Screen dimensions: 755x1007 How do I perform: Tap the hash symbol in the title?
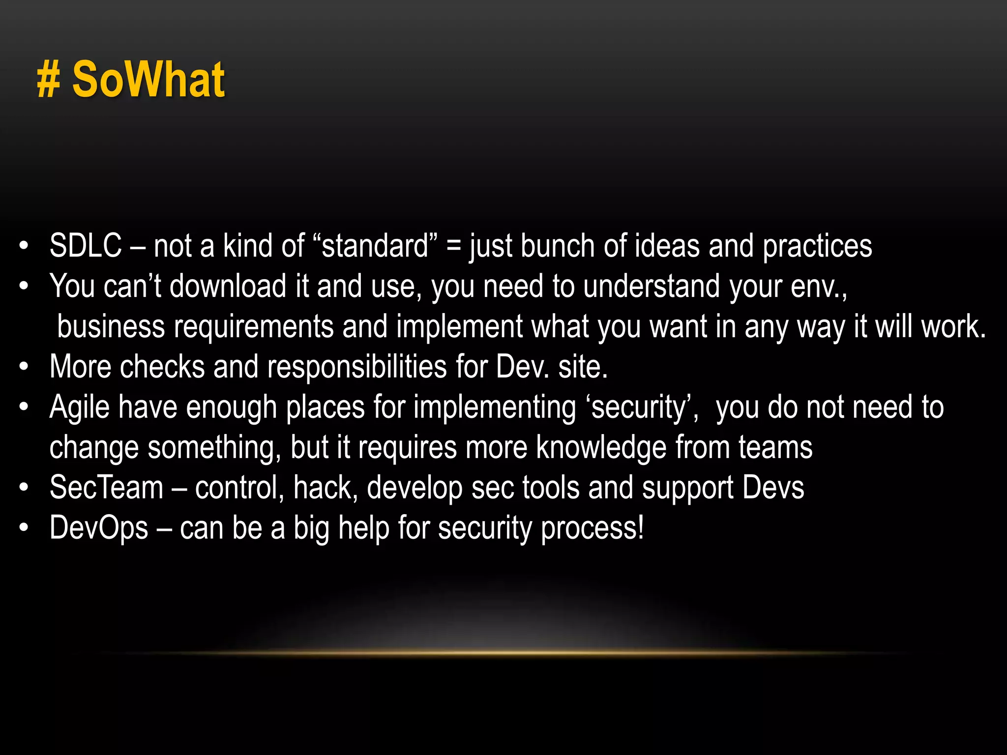(x=48, y=81)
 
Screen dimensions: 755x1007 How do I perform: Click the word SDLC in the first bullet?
(x=86, y=245)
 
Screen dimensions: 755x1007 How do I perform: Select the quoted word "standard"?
(x=375, y=245)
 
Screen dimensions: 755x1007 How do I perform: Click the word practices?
(x=817, y=246)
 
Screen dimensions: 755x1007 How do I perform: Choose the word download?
(x=228, y=286)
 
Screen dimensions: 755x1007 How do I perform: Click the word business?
(x=111, y=326)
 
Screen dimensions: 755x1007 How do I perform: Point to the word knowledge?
(x=601, y=447)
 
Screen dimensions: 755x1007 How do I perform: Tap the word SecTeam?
(x=106, y=488)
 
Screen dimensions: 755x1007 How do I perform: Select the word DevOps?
(x=99, y=528)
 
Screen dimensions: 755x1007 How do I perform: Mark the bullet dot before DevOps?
(x=24, y=528)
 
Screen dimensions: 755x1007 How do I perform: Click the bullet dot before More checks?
(x=24, y=367)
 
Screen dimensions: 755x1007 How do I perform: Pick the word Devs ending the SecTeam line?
(x=773, y=488)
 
